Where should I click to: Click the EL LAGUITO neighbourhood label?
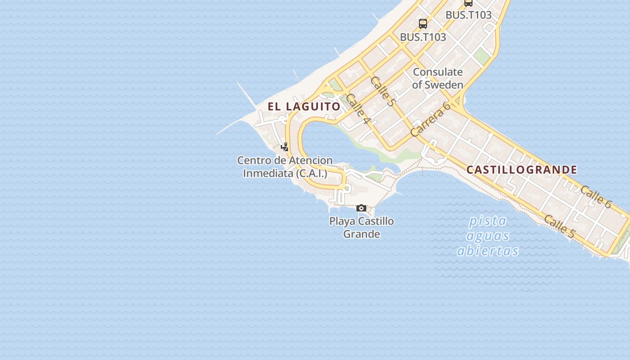(x=304, y=107)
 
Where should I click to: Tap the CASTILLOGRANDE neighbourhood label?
(x=522, y=170)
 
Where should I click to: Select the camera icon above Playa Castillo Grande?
(x=361, y=208)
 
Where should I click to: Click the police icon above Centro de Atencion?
(x=284, y=147)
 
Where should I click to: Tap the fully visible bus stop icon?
(x=423, y=24)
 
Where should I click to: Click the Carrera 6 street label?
(x=430, y=120)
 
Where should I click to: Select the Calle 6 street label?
(x=596, y=197)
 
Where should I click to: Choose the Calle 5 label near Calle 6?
(x=559, y=226)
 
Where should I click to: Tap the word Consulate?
(x=437, y=72)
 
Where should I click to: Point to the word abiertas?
(x=488, y=251)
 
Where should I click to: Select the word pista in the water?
(x=488, y=221)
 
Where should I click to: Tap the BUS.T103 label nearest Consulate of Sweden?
(x=423, y=37)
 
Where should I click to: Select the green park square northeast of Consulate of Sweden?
(x=481, y=56)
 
